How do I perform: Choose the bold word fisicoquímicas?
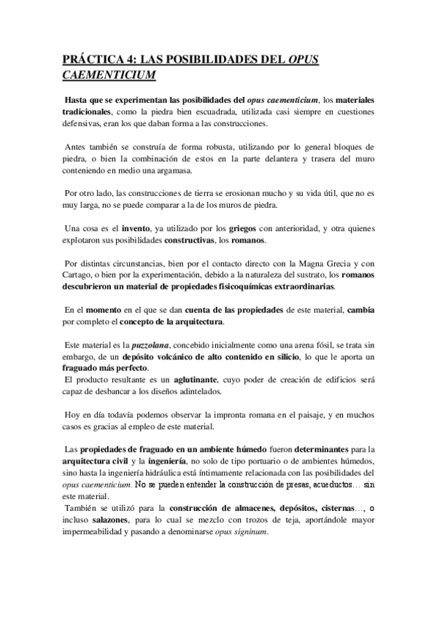pos(223,286)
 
